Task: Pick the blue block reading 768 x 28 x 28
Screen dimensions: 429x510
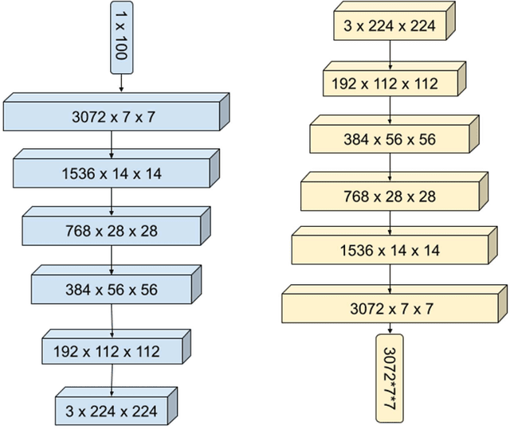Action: click(x=112, y=231)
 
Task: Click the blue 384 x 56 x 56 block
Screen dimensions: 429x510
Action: click(x=112, y=290)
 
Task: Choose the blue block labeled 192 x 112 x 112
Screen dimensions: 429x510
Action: click(x=112, y=351)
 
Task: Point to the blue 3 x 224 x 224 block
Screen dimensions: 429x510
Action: click(x=112, y=411)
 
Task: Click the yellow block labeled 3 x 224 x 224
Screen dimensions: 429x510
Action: click(x=390, y=25)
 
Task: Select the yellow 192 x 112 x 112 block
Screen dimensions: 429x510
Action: click(x=390, y=83)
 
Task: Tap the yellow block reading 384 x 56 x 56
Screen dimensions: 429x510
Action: click(x=390, y=138)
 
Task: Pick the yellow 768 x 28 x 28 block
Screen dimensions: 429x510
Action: click(x=390, y=196)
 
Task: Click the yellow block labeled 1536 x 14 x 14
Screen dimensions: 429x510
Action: click(x=390, y=251)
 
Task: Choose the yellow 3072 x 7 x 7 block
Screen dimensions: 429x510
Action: click(x=390, y=308)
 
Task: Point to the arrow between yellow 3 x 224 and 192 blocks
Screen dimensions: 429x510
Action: click(x=390, y=53)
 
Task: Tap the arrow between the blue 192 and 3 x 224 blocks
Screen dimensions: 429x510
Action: click(x=111, y=379)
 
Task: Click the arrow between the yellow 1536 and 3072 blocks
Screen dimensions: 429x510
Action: click(x=390, y=279)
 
